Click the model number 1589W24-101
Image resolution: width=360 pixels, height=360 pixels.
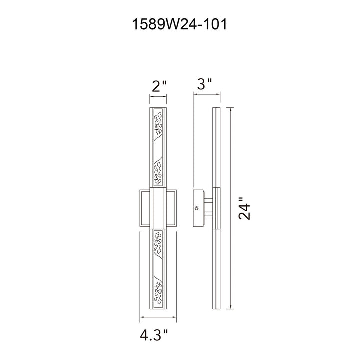180,24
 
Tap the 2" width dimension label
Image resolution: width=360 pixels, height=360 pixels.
158,86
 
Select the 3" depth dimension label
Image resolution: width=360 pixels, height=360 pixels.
204,84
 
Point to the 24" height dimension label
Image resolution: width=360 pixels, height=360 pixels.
244,208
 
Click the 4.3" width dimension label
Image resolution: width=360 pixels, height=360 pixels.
154,335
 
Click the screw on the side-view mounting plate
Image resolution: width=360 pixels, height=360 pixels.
196,208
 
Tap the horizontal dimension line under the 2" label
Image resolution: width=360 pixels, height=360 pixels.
158,97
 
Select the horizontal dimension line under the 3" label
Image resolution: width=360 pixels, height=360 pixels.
206,94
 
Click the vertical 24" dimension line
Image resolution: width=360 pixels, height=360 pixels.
231,208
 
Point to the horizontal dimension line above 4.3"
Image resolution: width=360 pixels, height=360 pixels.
158,317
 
